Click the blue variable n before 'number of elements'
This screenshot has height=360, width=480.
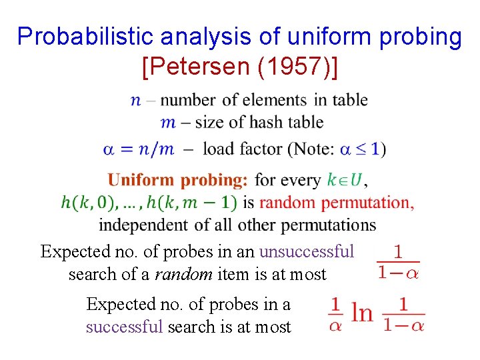point(135,100)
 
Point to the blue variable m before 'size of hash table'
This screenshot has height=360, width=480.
point(168,123)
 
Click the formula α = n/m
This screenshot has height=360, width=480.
point(138,149)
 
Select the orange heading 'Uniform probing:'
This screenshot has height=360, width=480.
point(178,180)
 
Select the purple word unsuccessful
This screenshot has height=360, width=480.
point(307,252)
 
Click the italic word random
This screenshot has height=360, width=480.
point(178,274)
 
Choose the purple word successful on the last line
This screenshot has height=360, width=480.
point(125,327)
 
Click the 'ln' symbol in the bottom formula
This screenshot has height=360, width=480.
point(362,313)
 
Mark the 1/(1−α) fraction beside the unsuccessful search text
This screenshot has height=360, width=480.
point(398,262)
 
